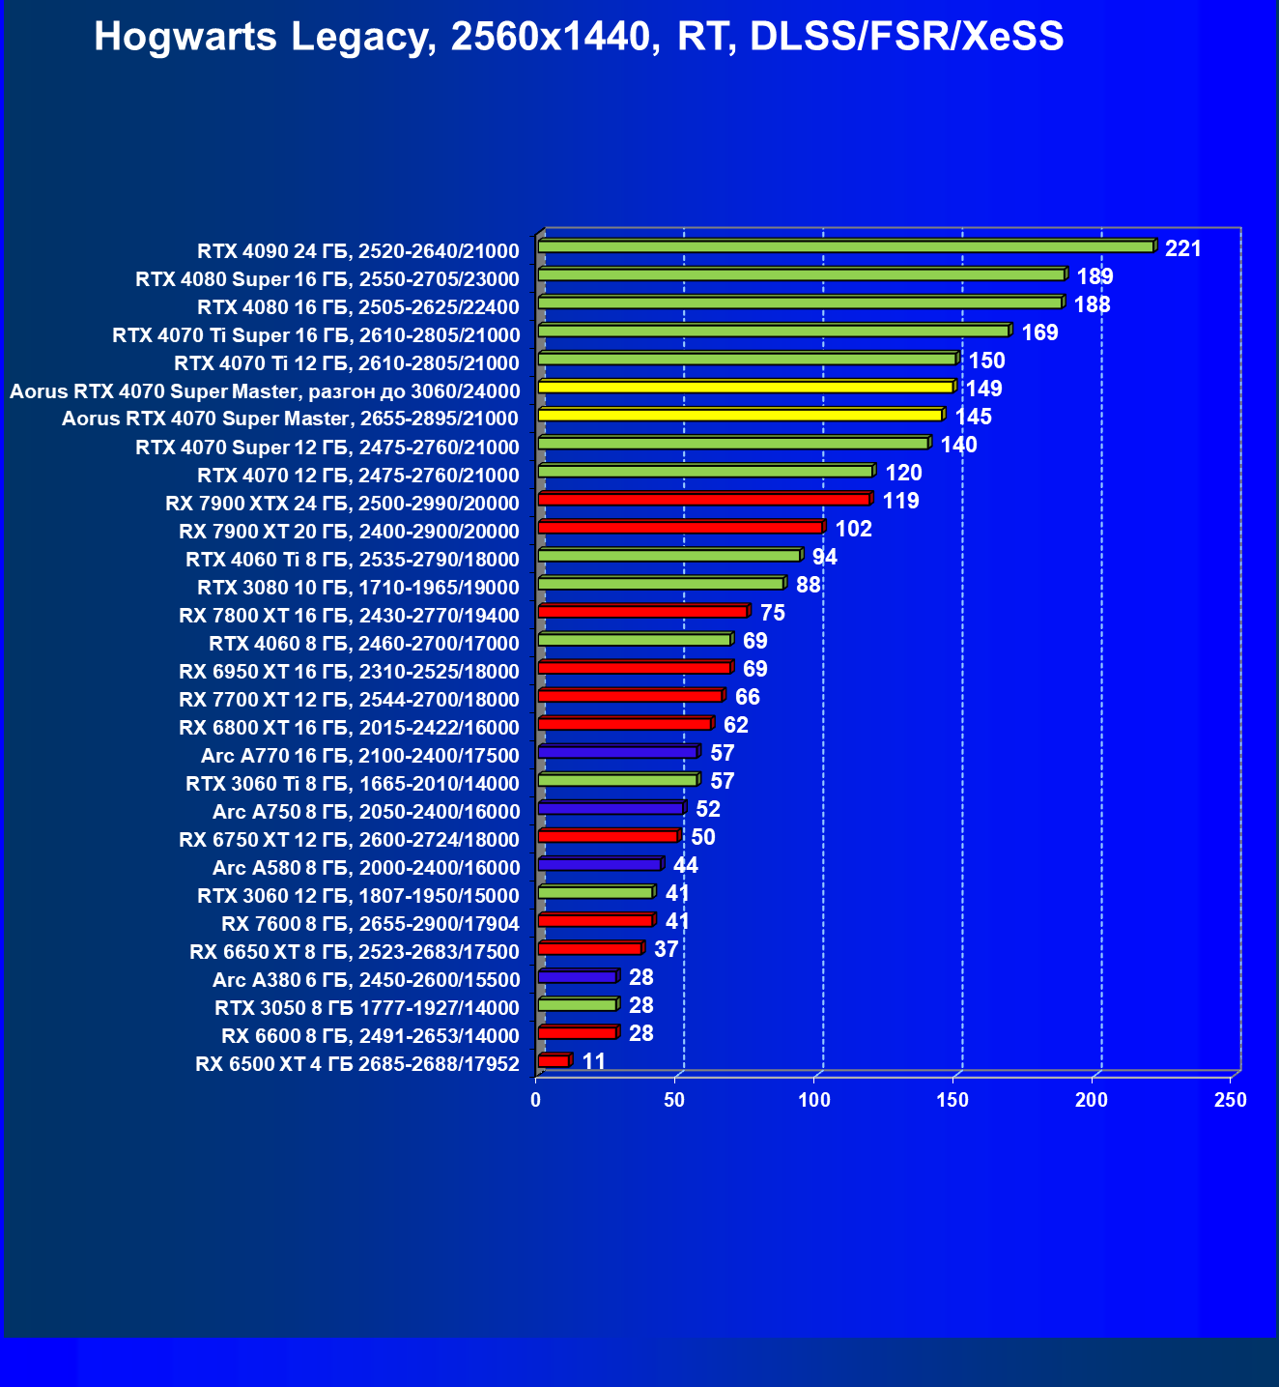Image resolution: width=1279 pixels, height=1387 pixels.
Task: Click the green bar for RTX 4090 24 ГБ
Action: [845, 247]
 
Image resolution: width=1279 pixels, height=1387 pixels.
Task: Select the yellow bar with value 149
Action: [745, 388]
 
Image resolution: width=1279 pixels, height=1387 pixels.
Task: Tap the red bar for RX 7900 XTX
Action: [704, 500]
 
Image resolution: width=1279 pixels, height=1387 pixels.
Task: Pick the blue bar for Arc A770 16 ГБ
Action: [617, 752]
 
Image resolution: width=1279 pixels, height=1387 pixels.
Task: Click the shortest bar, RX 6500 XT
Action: [554, 1061]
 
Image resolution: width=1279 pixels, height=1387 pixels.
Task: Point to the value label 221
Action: [1182, 249]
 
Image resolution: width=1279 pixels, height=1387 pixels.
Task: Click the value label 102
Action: [853, 530]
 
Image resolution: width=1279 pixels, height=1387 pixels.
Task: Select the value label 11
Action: [593, 1062]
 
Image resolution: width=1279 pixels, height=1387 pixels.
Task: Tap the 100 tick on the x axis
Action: [814, 1100]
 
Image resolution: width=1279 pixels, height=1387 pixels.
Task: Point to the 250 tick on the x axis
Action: [1231, 1100]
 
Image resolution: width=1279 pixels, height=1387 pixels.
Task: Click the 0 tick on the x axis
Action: [536, 1100]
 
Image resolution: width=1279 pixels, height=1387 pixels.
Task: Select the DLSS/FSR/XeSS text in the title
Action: [906, 38]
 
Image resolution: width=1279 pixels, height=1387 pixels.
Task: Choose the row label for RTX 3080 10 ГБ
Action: [357, 588]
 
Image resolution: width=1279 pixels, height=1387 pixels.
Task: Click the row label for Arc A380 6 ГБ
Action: [365, 980]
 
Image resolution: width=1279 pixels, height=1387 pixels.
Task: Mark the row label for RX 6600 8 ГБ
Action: [370, 1036]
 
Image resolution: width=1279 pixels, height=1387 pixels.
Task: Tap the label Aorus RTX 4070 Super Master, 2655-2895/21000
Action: [290, 419]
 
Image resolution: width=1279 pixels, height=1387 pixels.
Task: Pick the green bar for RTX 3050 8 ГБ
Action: [577, 1005]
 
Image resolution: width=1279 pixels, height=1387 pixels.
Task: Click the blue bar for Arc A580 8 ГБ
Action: [599, 864]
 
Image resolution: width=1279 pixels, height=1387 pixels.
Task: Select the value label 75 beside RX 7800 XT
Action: [772, 614]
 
